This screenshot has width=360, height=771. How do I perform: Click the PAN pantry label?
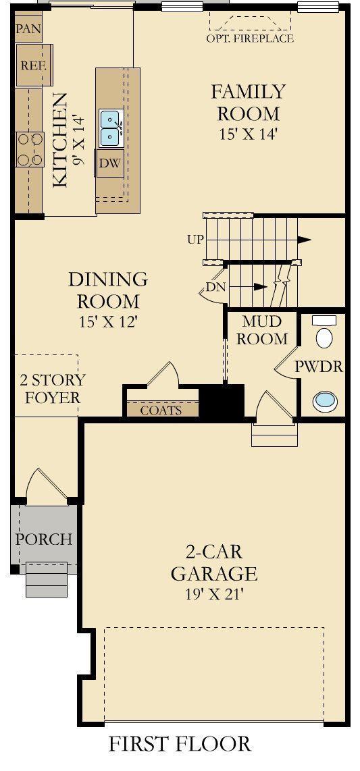28,28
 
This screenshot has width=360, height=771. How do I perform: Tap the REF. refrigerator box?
34,65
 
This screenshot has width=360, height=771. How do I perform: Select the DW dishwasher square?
110,164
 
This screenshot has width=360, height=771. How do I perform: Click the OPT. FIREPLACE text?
250,38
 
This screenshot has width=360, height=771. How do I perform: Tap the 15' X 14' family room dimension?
249,134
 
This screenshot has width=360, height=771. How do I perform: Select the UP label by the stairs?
195,240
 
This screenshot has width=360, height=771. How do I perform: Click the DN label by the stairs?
215,287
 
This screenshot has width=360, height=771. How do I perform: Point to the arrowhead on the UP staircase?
305,240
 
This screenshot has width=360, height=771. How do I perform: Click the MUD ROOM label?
262,330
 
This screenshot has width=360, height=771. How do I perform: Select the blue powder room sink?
325,401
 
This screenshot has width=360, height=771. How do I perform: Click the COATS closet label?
161,410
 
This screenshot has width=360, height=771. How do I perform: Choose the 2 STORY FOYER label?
52,388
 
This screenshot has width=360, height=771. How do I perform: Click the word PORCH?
44,539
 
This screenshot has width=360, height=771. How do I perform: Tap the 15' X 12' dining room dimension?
107,321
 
